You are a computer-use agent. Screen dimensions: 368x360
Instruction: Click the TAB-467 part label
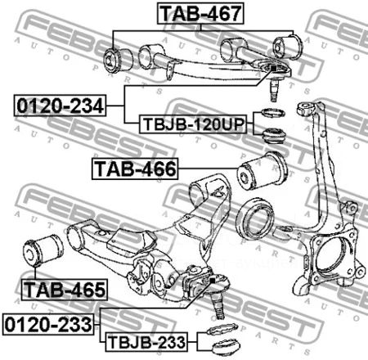200,13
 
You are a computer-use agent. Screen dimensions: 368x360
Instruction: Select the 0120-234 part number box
60,106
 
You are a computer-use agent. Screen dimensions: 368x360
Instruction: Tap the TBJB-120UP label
193,124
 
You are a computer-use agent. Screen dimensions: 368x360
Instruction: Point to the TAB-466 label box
135,169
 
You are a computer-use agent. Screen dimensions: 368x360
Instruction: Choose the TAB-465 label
65,290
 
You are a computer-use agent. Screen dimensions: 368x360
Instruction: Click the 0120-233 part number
48,324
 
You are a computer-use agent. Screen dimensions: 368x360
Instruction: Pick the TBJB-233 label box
146,342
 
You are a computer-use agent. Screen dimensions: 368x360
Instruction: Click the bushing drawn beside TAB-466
263,171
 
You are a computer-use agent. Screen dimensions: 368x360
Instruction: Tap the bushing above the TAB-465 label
43,250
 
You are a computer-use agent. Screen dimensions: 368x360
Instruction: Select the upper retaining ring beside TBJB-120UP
273,112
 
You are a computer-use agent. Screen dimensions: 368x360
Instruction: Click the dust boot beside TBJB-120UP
274,136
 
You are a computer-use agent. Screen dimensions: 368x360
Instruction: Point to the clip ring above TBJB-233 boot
222,328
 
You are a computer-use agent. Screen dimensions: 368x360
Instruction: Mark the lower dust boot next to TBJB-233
226,346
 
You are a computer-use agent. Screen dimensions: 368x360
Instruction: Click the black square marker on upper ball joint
273,68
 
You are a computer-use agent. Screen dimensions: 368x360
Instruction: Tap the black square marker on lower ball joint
213,280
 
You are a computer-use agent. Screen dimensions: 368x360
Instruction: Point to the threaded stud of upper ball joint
274,90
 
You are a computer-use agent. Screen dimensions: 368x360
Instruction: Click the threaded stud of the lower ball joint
219,304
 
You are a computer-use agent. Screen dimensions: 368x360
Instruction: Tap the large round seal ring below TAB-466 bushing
256,218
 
